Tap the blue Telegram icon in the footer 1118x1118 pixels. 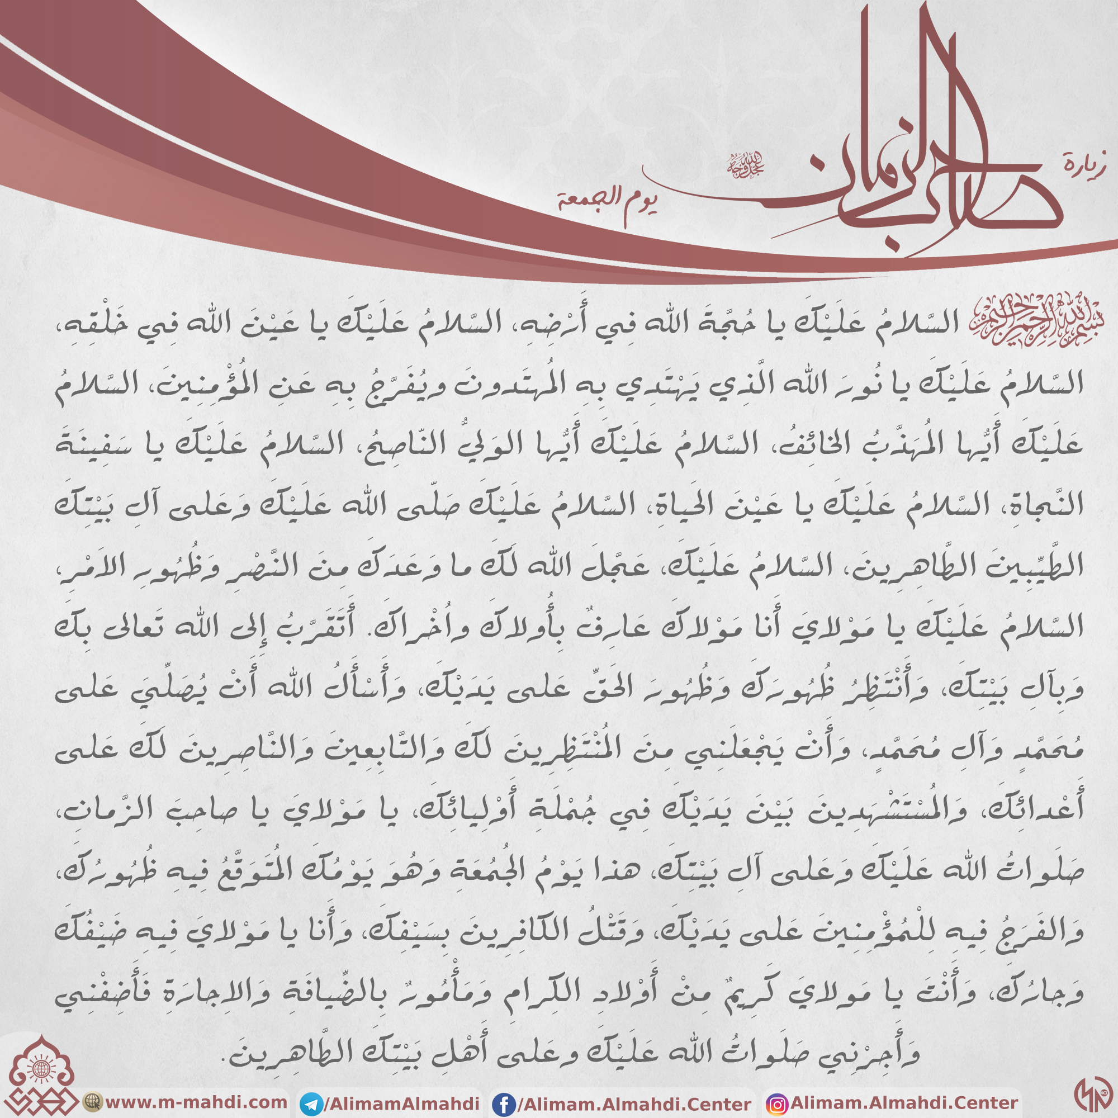pyautogui.click(x=311, y=1104)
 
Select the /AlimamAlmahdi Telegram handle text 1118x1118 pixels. pyautogui.click(x=401, y=1103)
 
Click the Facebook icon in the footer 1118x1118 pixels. pyautogui.click(x=504, y=1104)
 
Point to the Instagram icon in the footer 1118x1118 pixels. pyautogui.click(x=776, y=1104)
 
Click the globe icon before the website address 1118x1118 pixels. pyautogui.click(x=92, y=1101)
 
